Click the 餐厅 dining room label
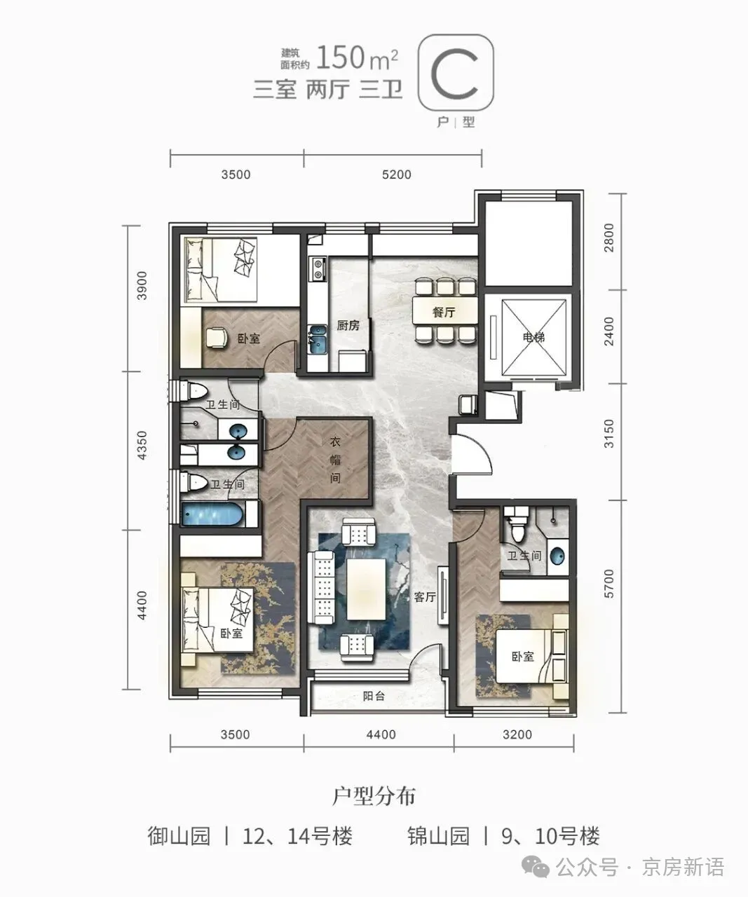click(444, 312)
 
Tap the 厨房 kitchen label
click(348, 325)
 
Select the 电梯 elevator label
click(533, 337)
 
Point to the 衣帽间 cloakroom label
click(335, 460)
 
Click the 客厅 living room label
click(425, 596)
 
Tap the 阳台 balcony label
click(374, 696)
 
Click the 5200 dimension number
click(396, 174)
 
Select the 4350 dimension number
click(142, 446)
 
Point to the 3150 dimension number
click(609, 434)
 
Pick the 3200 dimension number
click(517, 734)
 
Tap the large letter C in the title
click(455, 75)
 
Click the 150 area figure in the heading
click(341, 57)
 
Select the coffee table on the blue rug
click(366, 589)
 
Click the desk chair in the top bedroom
click(217, 338)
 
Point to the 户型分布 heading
click(374, 795)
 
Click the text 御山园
click(179, 836)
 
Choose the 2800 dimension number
click(609, 238)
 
